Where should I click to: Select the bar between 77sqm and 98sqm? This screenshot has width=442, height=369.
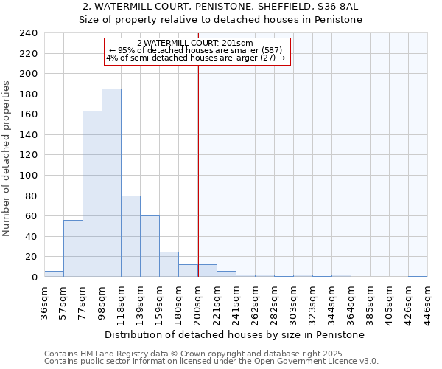click(92, 194)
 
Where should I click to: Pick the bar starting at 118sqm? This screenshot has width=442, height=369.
click(130, 236)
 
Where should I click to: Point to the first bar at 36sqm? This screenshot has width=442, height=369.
click(54, 274)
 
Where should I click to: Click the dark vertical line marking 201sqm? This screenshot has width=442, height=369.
click(198, 170)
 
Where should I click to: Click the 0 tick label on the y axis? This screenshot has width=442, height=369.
click(34, 277)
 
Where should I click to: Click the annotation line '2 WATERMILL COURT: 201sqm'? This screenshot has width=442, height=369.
click(195, 44)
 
